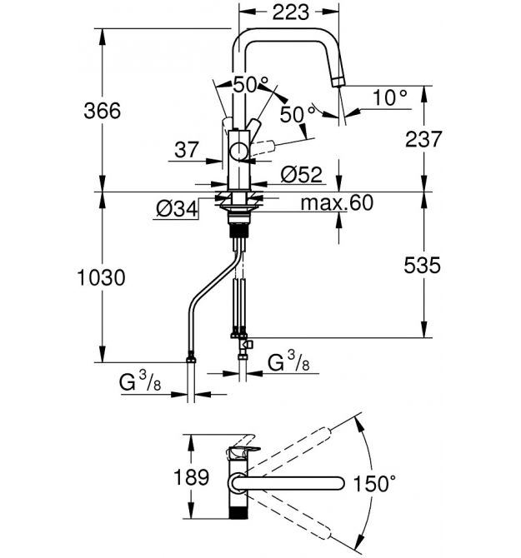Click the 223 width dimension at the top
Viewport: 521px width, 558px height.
coord(291,12)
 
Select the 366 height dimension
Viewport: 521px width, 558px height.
coord(103,110)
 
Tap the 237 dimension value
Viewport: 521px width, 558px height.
coord(423,139)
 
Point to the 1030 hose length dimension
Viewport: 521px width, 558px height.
coord(101,277)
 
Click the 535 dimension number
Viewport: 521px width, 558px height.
coord(423,265)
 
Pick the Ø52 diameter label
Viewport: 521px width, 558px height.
coord(302,174)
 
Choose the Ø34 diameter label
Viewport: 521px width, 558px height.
coord(177,209)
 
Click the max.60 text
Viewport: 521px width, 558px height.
coord(337,202)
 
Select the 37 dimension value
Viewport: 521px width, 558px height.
coord(187,149)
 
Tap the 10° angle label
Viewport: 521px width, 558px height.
coord(390,97)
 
